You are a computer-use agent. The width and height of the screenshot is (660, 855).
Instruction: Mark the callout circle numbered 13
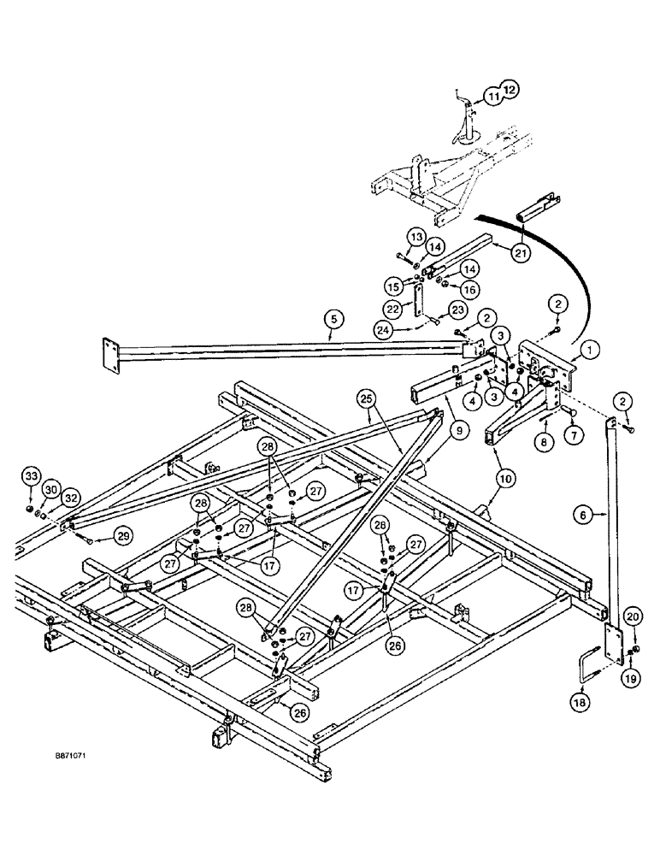pyautogui.click(x=415, y=236)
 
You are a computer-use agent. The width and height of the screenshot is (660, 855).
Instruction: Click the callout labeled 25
pyautogui.click(x=366, y=398)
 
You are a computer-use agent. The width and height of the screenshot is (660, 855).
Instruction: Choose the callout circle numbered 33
pyautogui.click(x=31, y=476)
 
